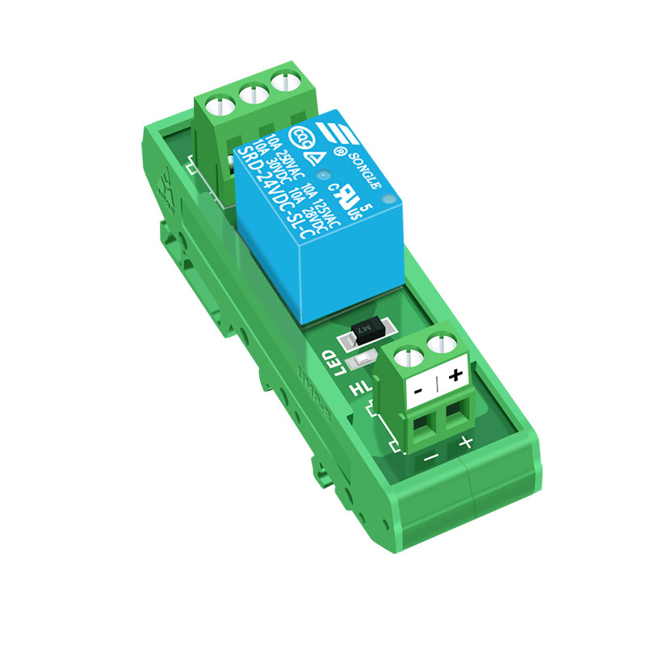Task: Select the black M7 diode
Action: click(x=367, y=329)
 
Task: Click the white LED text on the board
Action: click(x=330, y=363)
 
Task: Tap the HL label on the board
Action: click(x=358, y=391)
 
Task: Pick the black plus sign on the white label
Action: click(x=454, y=375)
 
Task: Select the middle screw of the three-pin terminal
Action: click(x=250, y=94)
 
